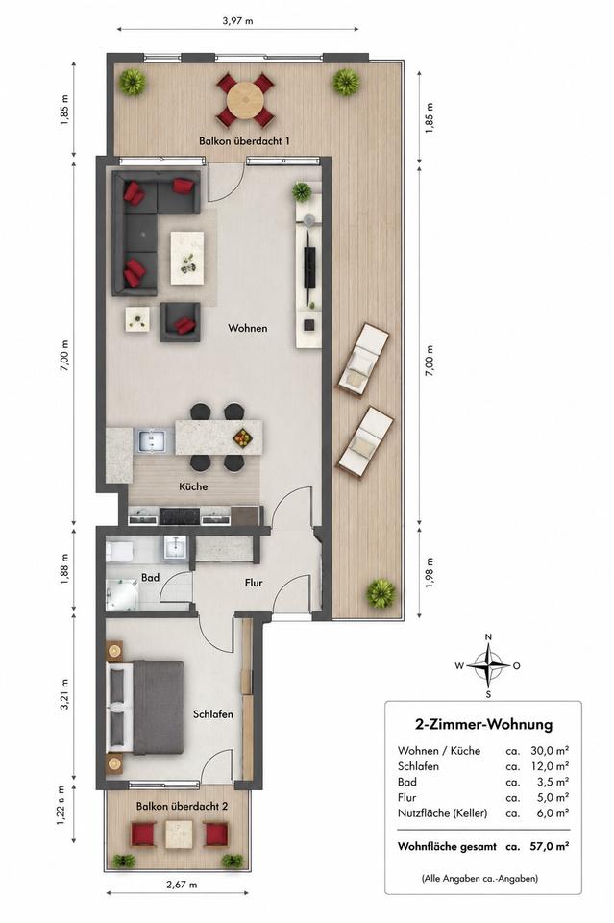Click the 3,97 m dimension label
(237, 20)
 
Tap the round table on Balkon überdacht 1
(246, 99)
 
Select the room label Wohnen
(248, 328)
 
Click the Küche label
(193, 486)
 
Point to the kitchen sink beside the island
(154, 440)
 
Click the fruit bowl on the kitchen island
(243, 437)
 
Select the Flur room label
(254, 583)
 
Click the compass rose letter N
(488, 636)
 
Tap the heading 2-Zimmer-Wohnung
(484, 724)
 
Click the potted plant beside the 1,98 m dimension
(381, 593)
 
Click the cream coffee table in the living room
(187, 258)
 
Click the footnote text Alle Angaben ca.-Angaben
(479, 878)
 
